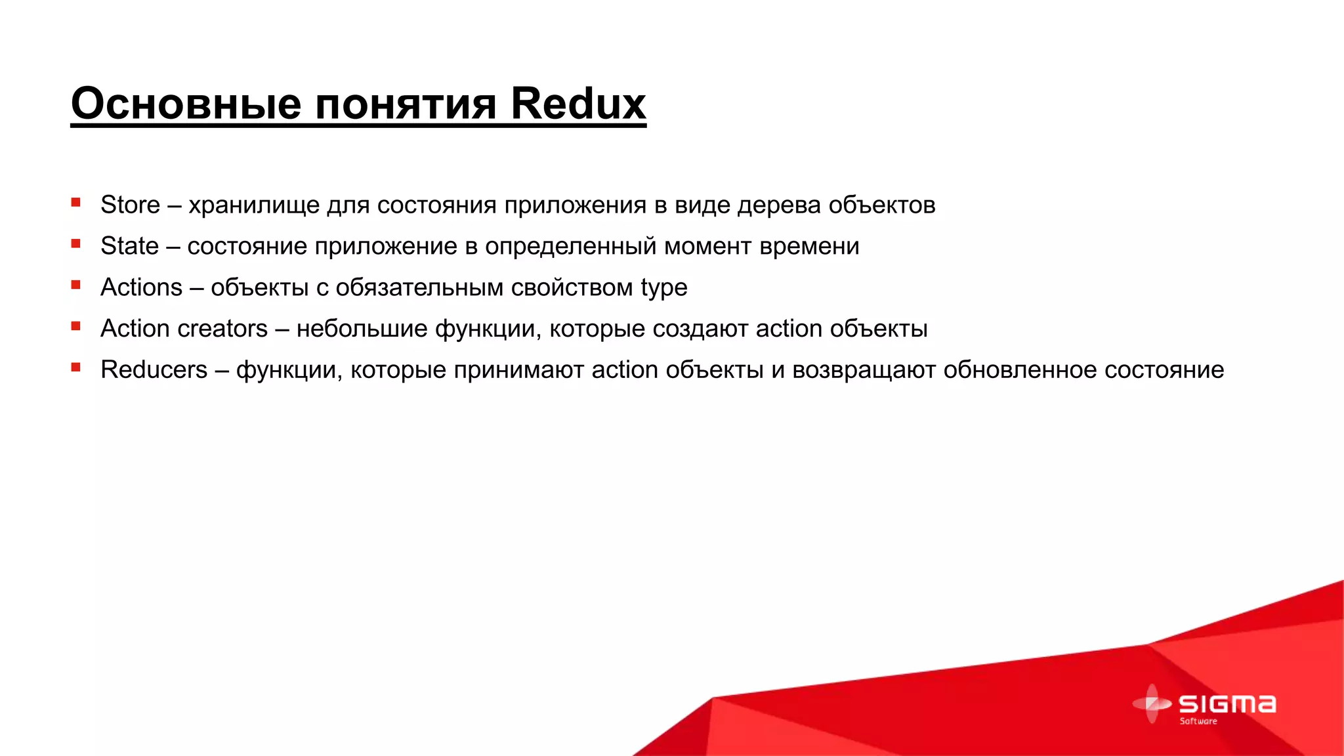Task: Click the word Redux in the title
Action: [x=577, y=104]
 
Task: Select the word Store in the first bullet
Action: [x=130, y=205]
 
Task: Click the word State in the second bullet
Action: [x=129, y=246]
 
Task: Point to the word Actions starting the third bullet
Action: [x=141, y=287]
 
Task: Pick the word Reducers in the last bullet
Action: [x=154, y=370]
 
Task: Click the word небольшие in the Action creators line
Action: [x=362, y=329]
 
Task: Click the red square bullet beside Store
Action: [x=76, y=203]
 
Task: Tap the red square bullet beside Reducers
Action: [x=76, y=367]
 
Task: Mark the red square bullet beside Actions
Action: [x=76, y=285]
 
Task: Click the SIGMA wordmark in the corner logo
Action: [x=1227, y=704]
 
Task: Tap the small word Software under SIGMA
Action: [x=1198, y=721]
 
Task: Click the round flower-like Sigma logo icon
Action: [x=1152, y=703]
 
